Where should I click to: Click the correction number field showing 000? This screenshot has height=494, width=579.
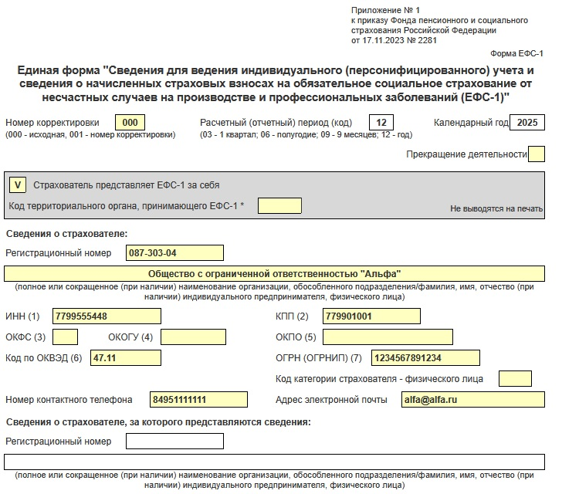[x=130, y=123]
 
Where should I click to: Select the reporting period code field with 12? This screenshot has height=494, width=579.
[x=381, y=123]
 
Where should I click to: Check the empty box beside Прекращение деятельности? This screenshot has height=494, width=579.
[x=537, y=154]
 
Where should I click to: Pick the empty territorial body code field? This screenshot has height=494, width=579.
[x=279, y=205]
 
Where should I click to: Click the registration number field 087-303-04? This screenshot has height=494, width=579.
[x=174, y=253]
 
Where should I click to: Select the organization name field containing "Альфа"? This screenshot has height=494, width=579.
[x=274, y=274]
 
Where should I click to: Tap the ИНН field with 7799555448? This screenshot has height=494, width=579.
[x=107, y=316]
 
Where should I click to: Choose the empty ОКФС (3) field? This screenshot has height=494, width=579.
[x=65, y=337]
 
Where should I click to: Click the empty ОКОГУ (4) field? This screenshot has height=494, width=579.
[x=193, y=337]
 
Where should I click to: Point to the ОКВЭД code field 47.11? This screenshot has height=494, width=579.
[x=125, y=357]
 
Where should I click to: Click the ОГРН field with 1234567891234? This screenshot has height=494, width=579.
[x=425, y=357]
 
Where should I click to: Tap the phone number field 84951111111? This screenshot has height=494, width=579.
[x=198, y=399]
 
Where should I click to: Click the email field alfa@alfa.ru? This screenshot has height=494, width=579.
[x=472, y=399]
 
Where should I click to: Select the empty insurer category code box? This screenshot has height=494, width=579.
[x=515, y=378]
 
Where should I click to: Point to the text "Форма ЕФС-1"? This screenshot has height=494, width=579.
[x=517, y=53]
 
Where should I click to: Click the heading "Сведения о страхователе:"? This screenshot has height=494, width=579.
[x=66, y=233]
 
